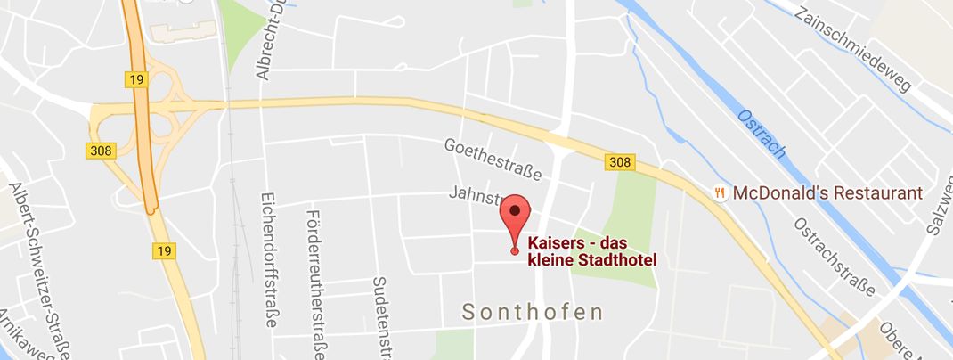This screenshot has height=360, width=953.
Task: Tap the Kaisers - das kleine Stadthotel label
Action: point(592,250)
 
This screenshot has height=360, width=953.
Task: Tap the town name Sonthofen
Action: point(533,312)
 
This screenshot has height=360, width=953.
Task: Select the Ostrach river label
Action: point(762,134)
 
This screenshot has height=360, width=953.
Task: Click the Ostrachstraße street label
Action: point(834,256)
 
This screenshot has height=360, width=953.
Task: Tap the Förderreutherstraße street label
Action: point(313,283)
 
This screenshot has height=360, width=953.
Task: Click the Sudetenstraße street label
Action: point(380,315)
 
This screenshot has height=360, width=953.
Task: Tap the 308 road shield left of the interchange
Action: point(100,151)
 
